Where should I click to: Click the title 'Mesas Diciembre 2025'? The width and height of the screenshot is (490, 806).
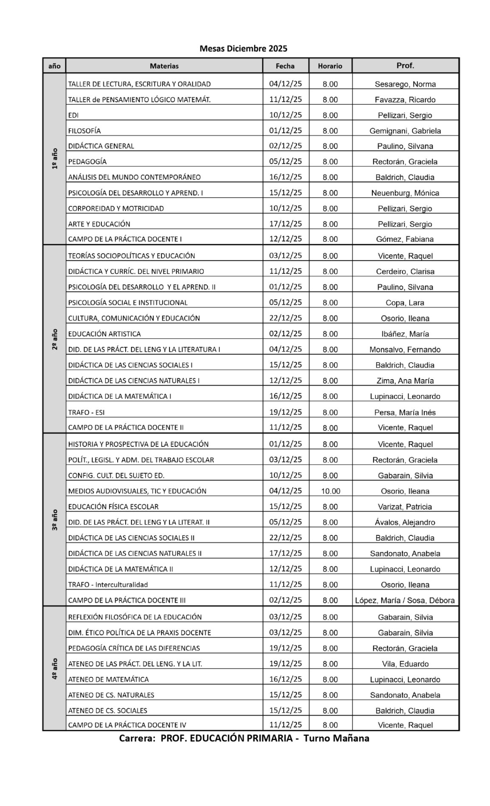coord(243,48)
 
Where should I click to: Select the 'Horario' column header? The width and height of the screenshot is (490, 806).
coord(330,66)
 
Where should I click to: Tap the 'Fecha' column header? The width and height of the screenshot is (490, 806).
coord(285,66)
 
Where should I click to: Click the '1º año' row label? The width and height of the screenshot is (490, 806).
coord(55,159)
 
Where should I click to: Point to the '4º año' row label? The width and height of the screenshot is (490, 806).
coord(55,669)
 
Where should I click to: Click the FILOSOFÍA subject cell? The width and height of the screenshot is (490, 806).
coord(84,131)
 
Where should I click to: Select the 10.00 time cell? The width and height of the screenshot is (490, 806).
coord(330,491)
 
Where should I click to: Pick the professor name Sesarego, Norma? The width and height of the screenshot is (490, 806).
coord(405,84)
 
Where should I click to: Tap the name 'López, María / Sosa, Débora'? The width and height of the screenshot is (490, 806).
coord(405,600)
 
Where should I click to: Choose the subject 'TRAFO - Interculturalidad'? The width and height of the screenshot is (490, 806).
coord(108,585)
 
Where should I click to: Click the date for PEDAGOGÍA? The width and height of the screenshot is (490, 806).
coord(285,161)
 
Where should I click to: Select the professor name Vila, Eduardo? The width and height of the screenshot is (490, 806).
coord(405,664)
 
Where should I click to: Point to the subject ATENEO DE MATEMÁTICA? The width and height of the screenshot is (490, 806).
coord(108,679)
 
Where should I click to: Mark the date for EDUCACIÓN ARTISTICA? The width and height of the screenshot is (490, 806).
coord(285,333)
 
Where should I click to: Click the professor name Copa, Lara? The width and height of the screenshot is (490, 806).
coord(405,302)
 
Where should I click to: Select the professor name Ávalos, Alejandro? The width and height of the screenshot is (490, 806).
coord(405,522)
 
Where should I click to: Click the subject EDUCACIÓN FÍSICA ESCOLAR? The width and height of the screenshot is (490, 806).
coord(113,507)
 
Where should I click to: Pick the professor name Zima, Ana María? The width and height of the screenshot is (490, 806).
coord(405,381)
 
